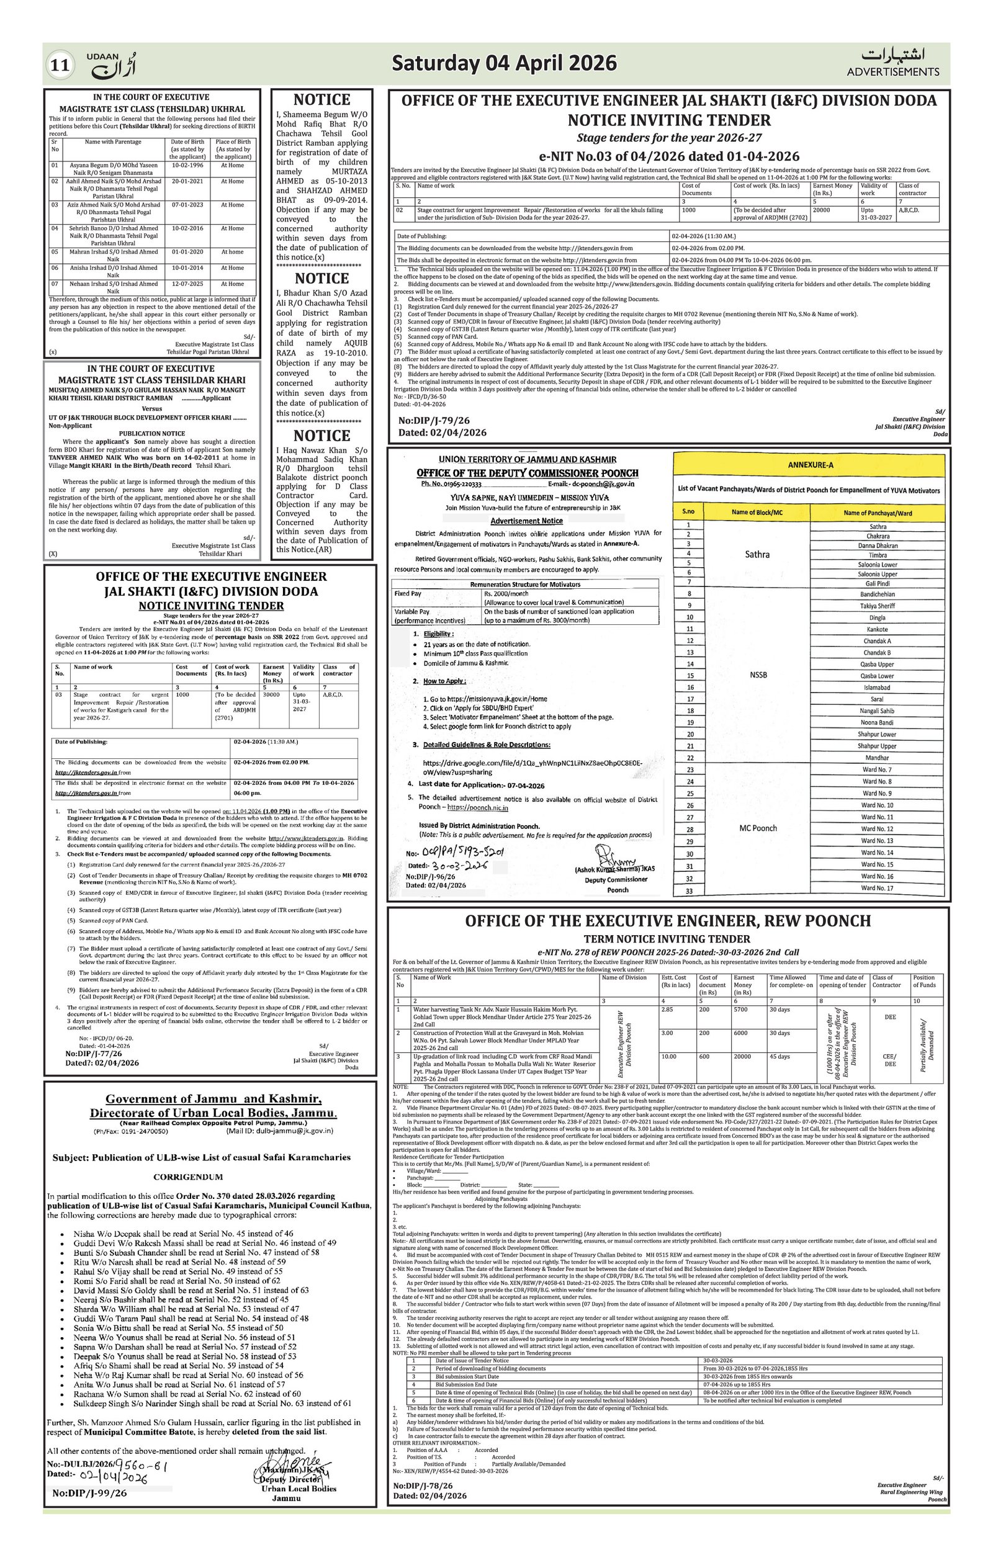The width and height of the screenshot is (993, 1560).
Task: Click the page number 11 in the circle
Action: coord(60,65)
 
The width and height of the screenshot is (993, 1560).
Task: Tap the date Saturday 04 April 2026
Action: coord(504,63)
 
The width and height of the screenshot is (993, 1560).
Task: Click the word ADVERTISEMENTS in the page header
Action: coord(892,72)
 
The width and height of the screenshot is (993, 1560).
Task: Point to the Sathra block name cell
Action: coord(757,555)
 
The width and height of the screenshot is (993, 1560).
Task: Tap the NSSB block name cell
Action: coord(758,675)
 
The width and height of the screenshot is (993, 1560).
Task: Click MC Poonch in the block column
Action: coord(758,828)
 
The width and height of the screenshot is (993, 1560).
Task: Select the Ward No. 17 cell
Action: coord(877,888)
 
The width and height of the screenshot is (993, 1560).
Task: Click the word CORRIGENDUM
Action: coord(188,1177)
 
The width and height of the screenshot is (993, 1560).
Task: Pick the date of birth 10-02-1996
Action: coord(187,165)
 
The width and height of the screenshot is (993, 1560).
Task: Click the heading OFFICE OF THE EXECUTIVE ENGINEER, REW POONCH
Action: coord(668,921)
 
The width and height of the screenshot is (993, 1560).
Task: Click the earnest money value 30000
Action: coord(272,694)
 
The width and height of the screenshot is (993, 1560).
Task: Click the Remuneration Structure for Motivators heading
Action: coord(524,585)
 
